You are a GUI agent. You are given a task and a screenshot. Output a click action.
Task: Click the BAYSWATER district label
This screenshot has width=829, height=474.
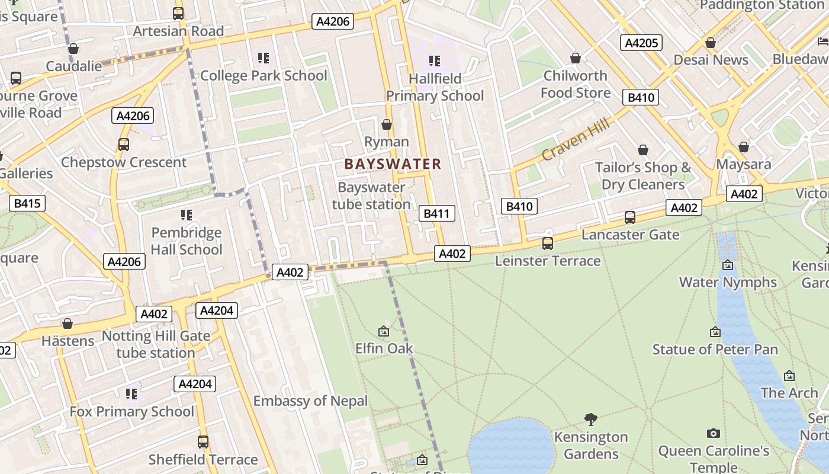point(393,164)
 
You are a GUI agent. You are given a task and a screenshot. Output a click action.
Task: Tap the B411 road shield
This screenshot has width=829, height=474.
point(436,213)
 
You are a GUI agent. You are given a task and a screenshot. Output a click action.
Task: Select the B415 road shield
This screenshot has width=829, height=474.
point(27,204)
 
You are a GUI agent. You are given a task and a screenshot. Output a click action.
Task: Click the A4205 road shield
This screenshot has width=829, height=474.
point(641,43)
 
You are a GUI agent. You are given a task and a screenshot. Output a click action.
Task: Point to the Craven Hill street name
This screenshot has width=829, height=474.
point(575,140)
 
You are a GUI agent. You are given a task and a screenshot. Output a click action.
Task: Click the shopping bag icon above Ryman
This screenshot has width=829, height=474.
point(387,124)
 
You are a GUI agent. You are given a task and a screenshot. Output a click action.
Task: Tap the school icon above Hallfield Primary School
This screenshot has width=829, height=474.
point(435,60)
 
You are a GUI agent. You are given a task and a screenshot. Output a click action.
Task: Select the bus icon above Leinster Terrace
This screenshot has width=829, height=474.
point(548,243)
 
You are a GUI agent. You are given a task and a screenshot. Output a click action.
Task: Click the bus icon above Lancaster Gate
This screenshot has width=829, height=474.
point(630,217)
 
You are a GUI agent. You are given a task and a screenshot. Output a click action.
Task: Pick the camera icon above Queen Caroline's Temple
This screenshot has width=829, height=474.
point(714,434)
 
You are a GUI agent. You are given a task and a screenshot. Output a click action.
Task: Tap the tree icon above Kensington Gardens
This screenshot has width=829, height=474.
point(590,419)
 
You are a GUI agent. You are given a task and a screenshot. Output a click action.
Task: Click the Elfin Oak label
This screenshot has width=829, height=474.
point(384,348)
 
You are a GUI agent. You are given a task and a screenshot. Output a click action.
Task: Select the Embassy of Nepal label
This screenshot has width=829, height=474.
point(310,401)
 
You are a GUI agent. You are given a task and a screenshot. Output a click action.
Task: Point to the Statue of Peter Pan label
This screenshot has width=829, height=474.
point(715,350)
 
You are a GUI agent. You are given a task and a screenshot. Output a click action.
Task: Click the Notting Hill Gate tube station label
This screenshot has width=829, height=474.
point(156,344)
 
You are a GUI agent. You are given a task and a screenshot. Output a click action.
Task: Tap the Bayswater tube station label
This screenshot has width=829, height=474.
point(371,196)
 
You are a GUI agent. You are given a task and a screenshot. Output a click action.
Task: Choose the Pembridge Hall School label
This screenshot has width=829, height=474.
point(187,241)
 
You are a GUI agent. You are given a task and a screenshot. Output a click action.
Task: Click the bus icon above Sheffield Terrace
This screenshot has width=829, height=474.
point(203,441)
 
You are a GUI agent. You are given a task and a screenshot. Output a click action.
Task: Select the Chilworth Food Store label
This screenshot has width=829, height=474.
point(575,84)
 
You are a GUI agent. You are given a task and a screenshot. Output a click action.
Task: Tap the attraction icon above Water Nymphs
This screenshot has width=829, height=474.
point(728,265)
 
